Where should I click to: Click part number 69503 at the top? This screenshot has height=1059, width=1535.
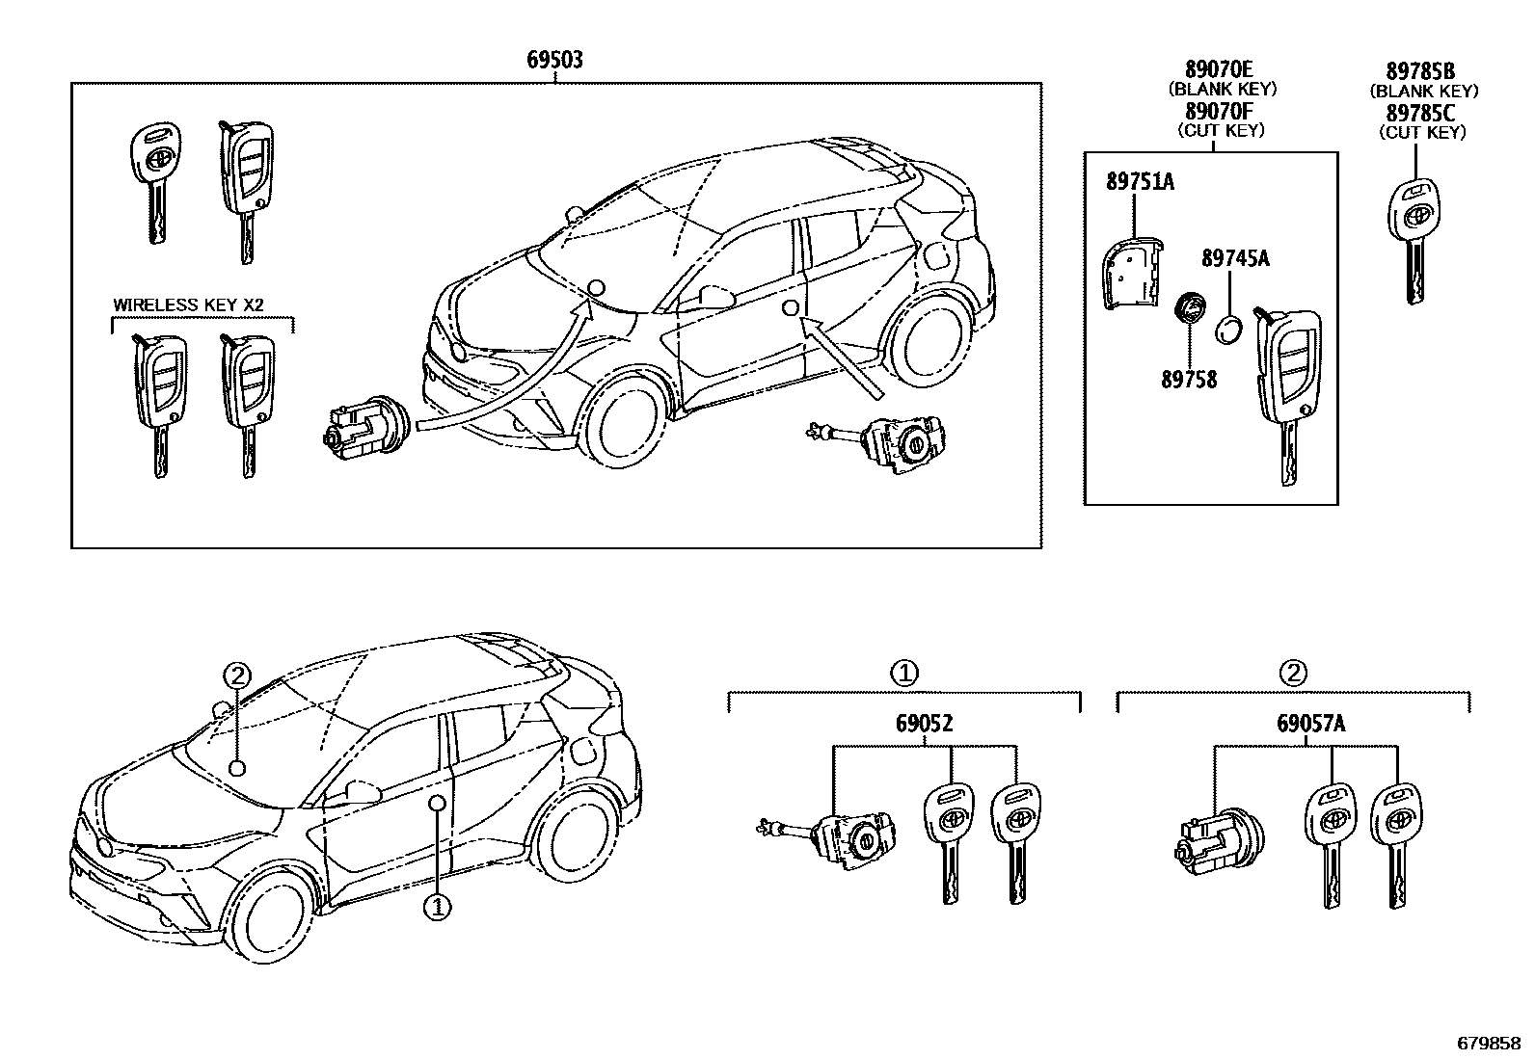554,60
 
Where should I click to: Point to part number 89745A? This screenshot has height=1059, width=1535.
1235,258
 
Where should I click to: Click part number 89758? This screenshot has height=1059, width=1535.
1188,380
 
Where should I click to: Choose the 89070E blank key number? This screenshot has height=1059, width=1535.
1219,68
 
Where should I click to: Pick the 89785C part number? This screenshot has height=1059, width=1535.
1421,113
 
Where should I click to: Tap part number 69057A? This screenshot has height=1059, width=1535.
1310,723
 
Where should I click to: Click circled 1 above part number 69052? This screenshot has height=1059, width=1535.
903,673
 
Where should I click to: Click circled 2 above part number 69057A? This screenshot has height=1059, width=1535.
1292,673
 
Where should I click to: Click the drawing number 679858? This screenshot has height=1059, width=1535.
1491,1044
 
